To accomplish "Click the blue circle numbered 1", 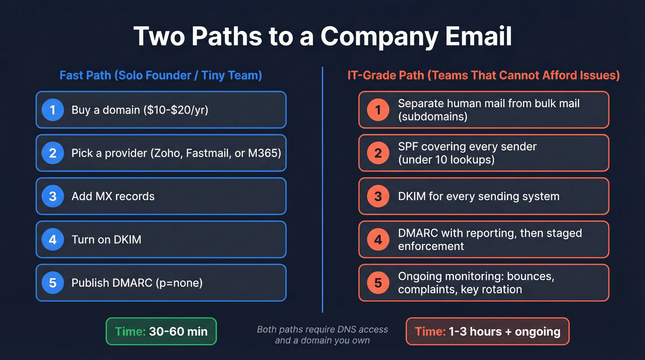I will click(53, 110).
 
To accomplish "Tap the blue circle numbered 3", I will click(53, 196).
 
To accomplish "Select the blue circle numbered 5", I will click(53, 282).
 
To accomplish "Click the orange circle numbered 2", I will click(378, 153).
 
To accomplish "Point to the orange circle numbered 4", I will click(378, 239).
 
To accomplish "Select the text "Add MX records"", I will click(113, 196).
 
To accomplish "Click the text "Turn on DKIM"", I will click(106, 239).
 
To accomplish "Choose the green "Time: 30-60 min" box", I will click(161, 331).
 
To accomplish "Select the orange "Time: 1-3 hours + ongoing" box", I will click(487, 331).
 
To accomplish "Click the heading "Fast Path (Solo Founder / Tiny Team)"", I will click(161, 75).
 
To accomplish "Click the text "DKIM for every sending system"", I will click(479, 196).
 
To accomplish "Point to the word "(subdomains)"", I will click(433, 116).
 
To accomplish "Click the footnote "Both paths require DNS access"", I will click(322, 330).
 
